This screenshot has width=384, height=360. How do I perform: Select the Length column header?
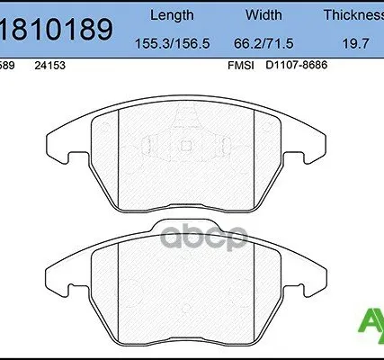click(x=171, y=14)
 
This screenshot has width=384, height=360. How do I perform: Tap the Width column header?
click(x=263, y=14)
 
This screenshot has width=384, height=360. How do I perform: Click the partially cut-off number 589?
click(x=7, y=65)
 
